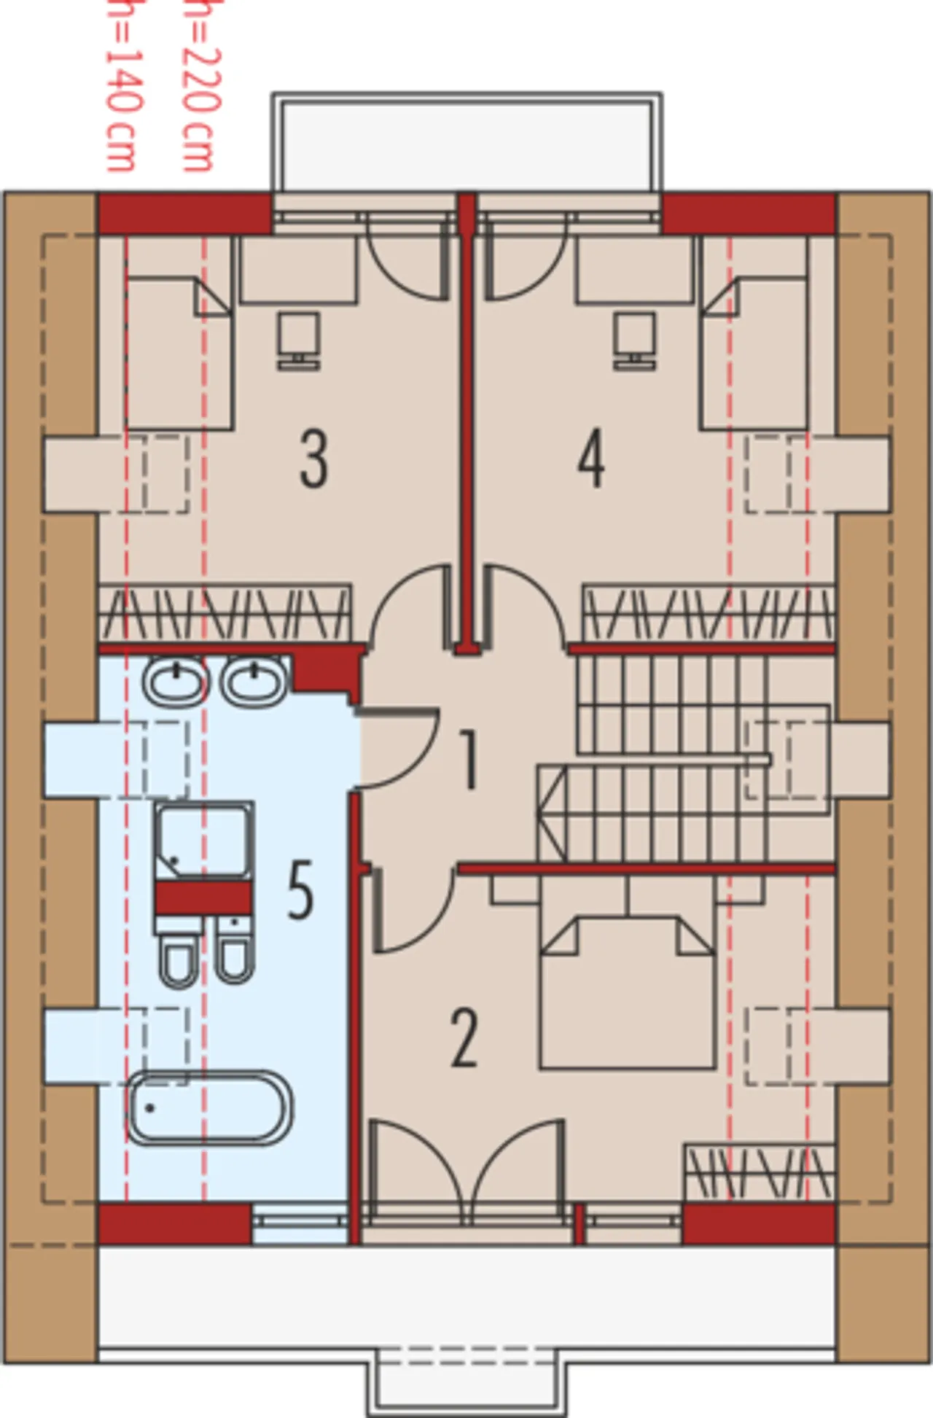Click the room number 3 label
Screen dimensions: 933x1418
pyautogui.click(x=314, y=460)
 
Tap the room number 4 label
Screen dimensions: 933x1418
pyautogui.click(x=591, y=460)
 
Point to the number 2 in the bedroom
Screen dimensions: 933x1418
pyautogui.click(x=465, y=1039)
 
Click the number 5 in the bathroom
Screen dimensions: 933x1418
pyautogui.click(x=300, y=890)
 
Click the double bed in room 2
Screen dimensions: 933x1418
pyautogui.click(x=626, y=994)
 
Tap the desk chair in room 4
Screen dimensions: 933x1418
pyautogui.click(x=635, y=339)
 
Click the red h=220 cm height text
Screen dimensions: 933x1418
pyautogui.click(x=198, y=86)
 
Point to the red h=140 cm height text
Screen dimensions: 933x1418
pyautogui.click(x=121, y=86)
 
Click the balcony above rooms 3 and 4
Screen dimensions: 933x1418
pyautogui.click(x=467, y=143)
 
